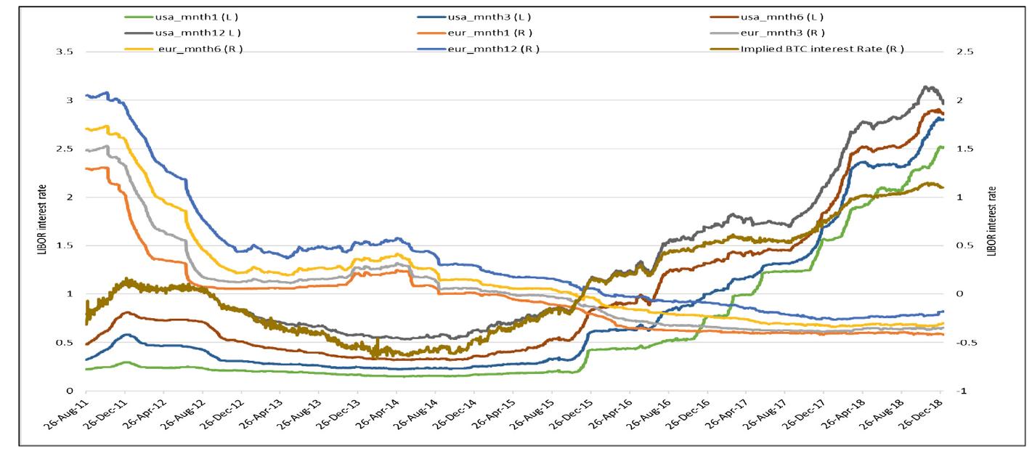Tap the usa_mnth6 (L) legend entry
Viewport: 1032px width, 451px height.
[781, 17]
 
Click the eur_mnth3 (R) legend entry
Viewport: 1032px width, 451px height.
[781, 33]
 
